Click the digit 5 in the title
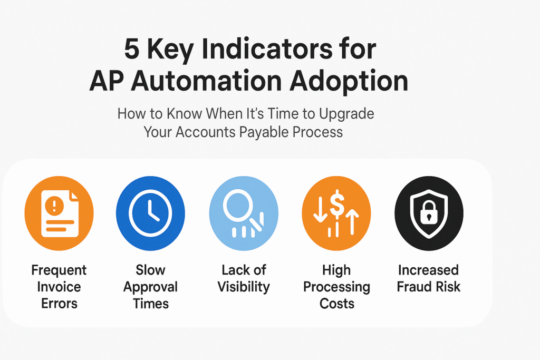tap(131, 48)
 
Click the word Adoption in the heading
tap(349, 82)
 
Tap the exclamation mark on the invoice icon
tap(54, 206)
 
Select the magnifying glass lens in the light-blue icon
tap(238, 206)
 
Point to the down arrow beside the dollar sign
tap(320, 210)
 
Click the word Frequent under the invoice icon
tap(59, 270)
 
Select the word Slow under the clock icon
tap(150, 270)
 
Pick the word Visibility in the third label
tap(244, 287)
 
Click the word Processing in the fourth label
tap(336, 287)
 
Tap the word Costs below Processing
tap(337, 304)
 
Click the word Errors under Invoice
tap(59, 304)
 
